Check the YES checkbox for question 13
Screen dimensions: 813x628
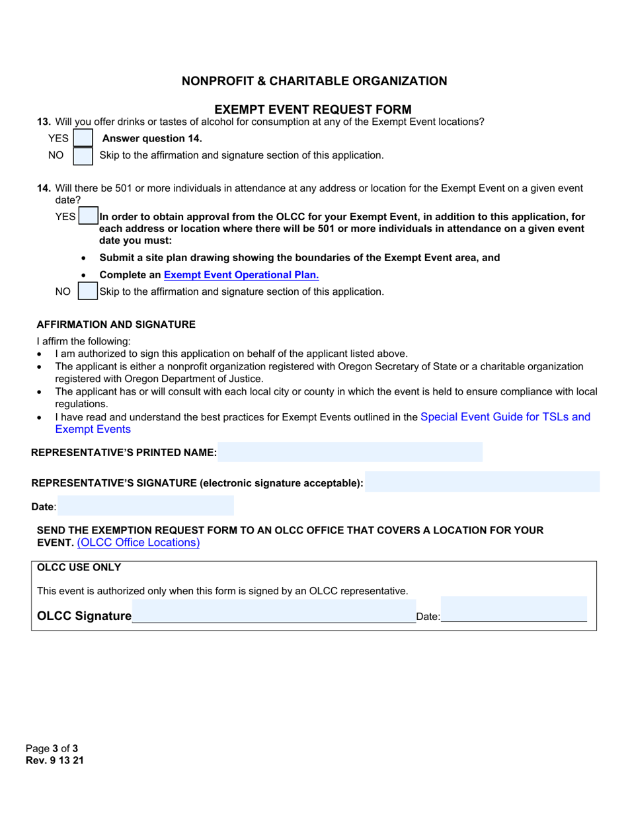tap(83, 137)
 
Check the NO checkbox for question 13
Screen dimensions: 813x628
tap(83, 155)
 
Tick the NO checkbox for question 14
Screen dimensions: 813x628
tap(88, 291)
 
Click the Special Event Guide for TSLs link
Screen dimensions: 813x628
tap(505, 417)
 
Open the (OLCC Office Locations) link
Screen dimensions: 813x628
tap(138, 543)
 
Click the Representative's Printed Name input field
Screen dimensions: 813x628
tap(350, 452)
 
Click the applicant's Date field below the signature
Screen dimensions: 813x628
tap(145, 506)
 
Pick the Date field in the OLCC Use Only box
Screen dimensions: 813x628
tap(514, 609)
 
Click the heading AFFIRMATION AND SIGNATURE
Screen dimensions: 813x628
tap(116, 325)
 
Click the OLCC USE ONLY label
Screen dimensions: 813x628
tap(79, 567)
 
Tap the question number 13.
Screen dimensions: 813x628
tap(44, 122)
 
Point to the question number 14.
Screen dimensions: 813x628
tap(44, 188)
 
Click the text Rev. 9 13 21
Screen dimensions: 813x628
tap(55, 760)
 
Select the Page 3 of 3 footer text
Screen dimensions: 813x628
tap(52, 748)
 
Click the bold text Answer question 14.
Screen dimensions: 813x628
tap(152, 138)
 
